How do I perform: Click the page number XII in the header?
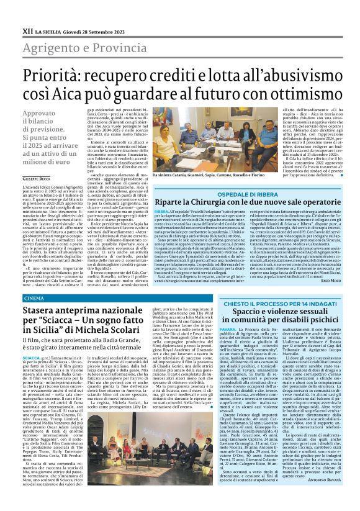pyautogui.click(x=27, y=12)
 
